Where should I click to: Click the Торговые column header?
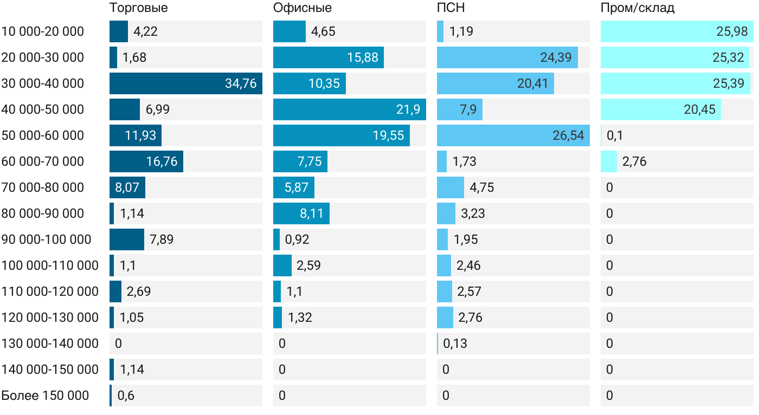[139, 8]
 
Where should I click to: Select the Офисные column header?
[303, 8]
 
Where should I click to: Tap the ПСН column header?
[451, 8]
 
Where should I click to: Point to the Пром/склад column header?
[638, 8]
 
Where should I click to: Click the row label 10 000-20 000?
[43, 31]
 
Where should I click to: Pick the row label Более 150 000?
[45, 395]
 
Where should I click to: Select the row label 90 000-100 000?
[47, 239]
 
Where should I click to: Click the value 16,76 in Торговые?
[162, 161]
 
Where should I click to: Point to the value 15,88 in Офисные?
[363, 57]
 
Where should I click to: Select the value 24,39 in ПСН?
[556, 57]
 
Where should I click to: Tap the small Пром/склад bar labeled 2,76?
[609, 161]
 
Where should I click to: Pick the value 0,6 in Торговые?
[126, 395]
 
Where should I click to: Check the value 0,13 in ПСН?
[455, 343]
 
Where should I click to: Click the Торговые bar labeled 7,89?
[127, 239]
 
